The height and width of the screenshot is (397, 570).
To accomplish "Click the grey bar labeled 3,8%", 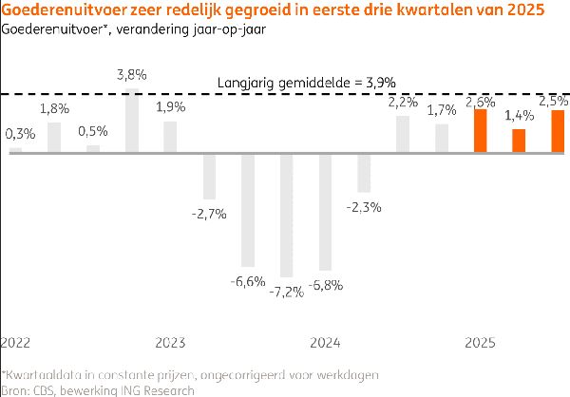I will pyautogui.click(x=132, y=120).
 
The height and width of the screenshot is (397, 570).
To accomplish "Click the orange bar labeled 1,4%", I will pyautogui.click(x=519, y=141).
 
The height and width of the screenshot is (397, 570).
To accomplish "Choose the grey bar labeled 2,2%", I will pyautogui.click(x=403, y=133).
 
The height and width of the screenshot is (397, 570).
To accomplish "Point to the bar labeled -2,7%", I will pyautogui.click(x=209, y=175).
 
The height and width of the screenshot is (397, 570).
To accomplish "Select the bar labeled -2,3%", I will pyautogui.click(x=364, y=172).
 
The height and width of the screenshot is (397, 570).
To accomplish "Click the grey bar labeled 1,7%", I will pyautogui.click(x=442, y=138).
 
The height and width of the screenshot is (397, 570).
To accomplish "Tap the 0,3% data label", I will pyautogui.click(x=19, y=134).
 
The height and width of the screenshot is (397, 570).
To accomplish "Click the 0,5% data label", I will pyautogui.click(x=93, y=131).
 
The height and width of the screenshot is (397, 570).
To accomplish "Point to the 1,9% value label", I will pyautogui.click(x=170, y=106).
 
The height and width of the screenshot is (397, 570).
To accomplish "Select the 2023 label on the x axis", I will pyautogui.click(x=170, y=341).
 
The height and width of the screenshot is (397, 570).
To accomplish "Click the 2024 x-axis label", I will pyautogui.click(x=325, y=341).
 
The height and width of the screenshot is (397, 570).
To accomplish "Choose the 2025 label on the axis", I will pyautogui.click(x=480, y=341).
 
